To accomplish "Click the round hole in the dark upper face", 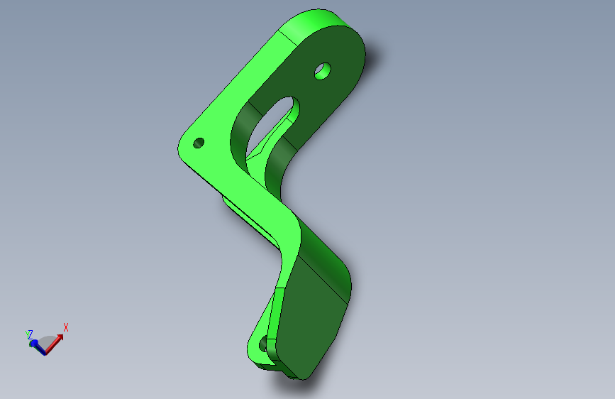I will (323, 71).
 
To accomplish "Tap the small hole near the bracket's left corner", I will (199, 143).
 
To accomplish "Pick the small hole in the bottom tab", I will (265, 344).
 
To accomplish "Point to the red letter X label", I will (66, 327).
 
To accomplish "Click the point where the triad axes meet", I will (44, 351).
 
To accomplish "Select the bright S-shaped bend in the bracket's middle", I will (277, 220).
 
